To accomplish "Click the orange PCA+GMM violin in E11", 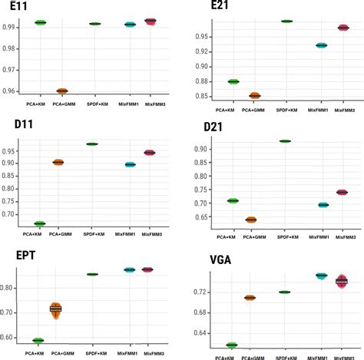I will (x=62, y=91).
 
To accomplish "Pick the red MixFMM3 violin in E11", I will (x=151, y=21).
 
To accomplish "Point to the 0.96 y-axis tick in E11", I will (x=13, y=91).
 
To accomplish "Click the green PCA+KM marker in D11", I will (x=39, y=223).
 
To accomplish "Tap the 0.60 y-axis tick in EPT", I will (x=13, y=337).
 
